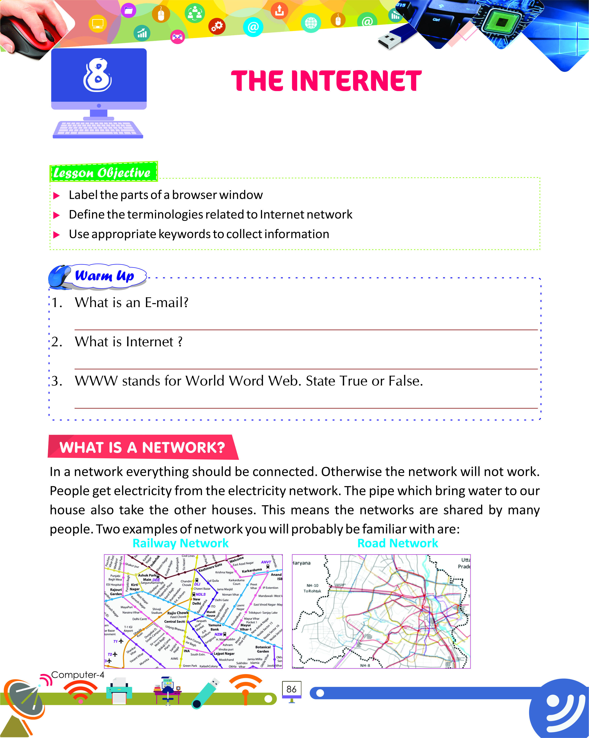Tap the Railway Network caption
coord(180,543)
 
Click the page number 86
coord(291,689)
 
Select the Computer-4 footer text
coord(78,675)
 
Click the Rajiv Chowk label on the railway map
coord(178,613)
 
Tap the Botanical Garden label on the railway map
coord(263,649)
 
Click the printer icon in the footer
coord(119,690)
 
